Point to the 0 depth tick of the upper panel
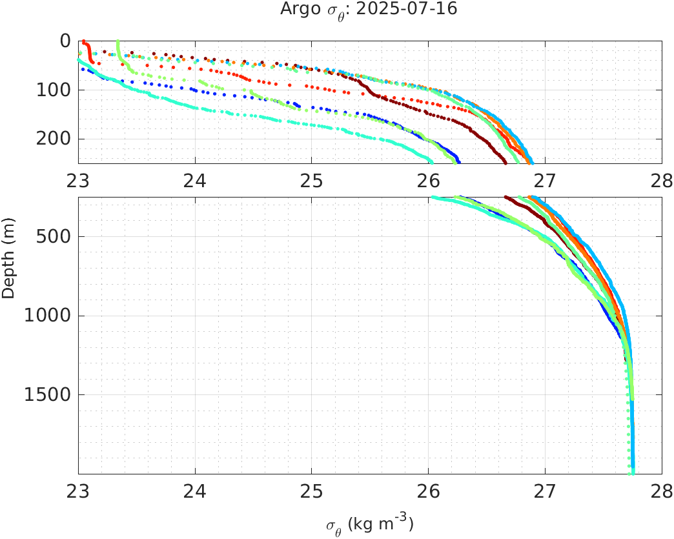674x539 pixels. [65, 41]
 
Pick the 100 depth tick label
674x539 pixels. [54, 90]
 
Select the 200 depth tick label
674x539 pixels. [54, 139]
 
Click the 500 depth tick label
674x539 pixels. [54, 237]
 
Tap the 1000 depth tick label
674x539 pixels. [49, 316]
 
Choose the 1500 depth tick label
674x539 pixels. [49, 395]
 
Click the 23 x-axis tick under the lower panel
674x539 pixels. [79, 493]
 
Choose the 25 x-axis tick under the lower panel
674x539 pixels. [312, 493]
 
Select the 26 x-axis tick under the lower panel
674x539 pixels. [429, 493]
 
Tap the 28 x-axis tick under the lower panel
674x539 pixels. [661, 493]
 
